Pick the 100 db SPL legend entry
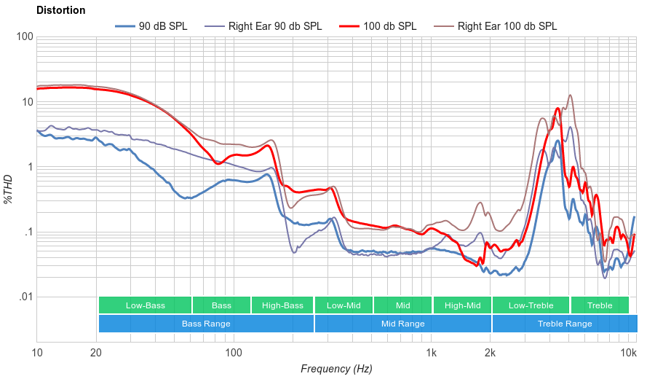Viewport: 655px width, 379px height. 378,26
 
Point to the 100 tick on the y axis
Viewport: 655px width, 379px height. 25,37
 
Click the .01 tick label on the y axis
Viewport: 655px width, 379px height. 24,297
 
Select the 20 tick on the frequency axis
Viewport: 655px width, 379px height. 96,353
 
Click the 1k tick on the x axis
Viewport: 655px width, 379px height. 432,353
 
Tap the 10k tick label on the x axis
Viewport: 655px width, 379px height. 629,353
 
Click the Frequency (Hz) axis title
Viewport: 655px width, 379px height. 336,369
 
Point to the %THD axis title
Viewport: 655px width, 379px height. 9,189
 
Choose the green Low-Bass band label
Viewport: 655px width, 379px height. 145,305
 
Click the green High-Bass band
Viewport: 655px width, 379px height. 282,305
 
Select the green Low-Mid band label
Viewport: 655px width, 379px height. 344,305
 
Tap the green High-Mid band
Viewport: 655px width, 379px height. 462,305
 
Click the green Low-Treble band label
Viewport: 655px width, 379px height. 531,305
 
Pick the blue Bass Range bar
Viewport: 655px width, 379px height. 206,324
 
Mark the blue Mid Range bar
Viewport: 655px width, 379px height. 402,324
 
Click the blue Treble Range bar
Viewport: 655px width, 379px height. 564,324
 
